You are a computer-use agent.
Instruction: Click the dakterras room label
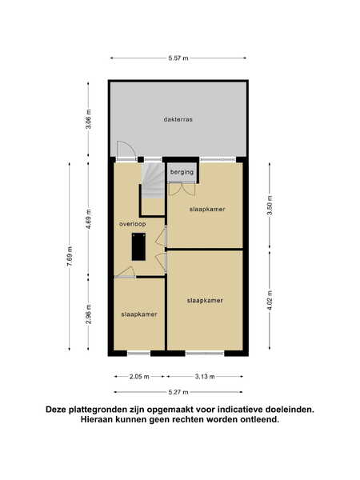[178, 119]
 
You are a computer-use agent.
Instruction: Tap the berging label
[182, 172]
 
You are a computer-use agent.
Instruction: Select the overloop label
[132, 224]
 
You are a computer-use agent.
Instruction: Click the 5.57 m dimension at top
[178, 58]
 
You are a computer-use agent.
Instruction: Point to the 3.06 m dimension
[89, 119]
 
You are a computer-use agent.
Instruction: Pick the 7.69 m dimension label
[70, 256]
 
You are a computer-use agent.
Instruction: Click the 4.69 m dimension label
[89, 219]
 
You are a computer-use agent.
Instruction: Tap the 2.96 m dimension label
[89, 314]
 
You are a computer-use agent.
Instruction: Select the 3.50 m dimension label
[270, 206]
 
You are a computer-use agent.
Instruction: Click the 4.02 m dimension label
[270, 300]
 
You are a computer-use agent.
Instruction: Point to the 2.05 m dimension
[139, 377]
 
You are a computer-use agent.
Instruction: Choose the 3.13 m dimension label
[205, 377]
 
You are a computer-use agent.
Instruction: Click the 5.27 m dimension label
[178, 392]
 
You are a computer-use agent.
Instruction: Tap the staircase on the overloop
[154, 181]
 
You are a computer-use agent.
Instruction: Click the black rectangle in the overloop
[138, 246]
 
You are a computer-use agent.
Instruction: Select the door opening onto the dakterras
[126, 150]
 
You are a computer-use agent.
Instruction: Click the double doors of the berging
[182, 189]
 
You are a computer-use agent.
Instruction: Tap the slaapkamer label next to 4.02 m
[205, 301]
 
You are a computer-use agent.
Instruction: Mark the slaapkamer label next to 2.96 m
[139, 314]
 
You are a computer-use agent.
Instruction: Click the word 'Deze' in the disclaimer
[56, 410]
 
